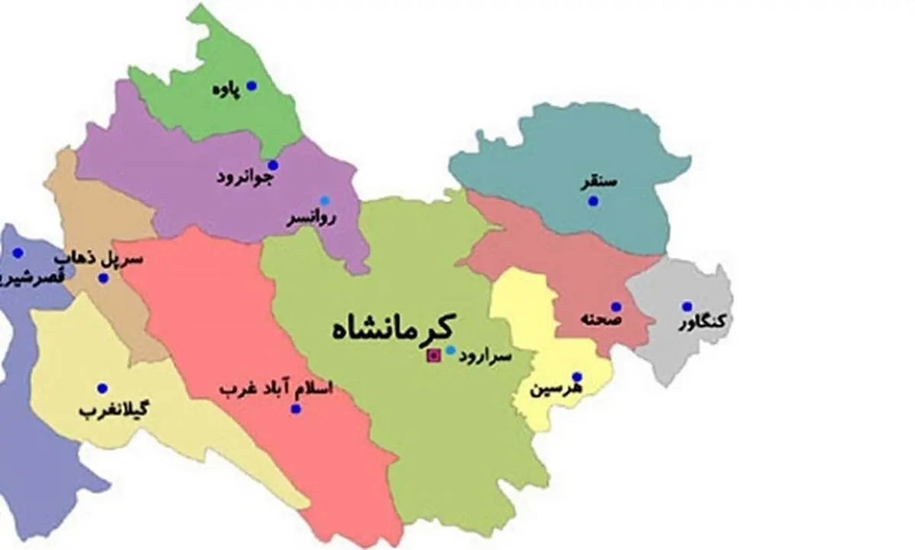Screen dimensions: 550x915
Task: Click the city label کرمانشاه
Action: (x=393, y=328)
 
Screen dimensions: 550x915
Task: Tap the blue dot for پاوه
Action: (x=251, y=86)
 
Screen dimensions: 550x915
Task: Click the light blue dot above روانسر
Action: (x=325, y=201)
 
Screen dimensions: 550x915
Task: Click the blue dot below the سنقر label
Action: (x=593, y=201)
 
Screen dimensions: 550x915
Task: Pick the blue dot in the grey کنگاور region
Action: (x=687, y=306)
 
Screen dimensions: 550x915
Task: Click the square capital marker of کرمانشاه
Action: (x=434, y=354)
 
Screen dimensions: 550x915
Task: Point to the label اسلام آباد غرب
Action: (x=276, y=389)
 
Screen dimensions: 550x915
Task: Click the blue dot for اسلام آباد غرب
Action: (x=296, y=409)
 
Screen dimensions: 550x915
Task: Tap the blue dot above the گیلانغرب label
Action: (x=102, y=389)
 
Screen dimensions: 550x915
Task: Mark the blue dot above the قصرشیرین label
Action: (x=18, y=253)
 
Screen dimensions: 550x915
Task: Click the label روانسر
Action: (x=311, y=219)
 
